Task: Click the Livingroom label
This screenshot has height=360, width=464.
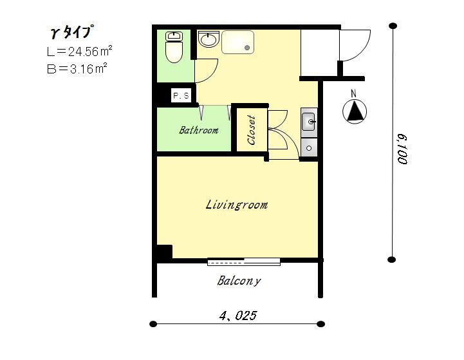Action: (237, 205)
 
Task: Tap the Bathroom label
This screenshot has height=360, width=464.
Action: (199, 130)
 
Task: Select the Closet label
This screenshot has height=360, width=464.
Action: (251, 130)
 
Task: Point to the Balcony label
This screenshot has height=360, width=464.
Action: (239, 281)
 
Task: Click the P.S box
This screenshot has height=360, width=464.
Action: (181, 96)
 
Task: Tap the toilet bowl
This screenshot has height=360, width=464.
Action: (174, 52)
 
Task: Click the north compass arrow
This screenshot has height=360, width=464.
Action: (355, 111)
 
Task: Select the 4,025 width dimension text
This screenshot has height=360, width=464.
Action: (238, 316)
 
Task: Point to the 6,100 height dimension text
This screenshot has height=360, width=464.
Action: (402, 149)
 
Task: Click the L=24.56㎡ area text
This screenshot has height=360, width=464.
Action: (79, 52)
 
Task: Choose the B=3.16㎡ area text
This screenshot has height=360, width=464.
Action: (77, 69)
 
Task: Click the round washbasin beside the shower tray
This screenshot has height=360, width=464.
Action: (209, 39)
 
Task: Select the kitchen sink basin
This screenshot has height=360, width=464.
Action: (309, 122)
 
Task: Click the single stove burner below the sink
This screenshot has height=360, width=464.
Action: (309, 147)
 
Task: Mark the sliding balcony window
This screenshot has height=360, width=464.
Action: (244, 261)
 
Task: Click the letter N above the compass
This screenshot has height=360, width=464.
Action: (353, 93)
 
